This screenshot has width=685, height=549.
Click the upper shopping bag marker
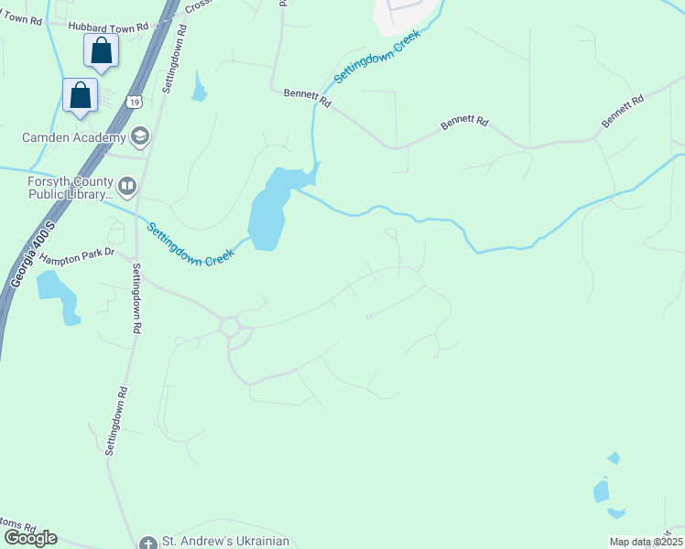(x=101, y=51)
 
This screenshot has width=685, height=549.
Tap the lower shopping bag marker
(x=81, y=95)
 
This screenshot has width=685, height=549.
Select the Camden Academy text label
(x=73, y=138)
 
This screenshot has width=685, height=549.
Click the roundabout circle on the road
(x=229, y=326)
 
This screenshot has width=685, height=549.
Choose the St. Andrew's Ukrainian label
(x=224, y=541)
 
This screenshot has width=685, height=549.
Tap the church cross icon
(x=148, y=543)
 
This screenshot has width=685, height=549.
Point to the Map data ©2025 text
(x=646, y=542)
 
